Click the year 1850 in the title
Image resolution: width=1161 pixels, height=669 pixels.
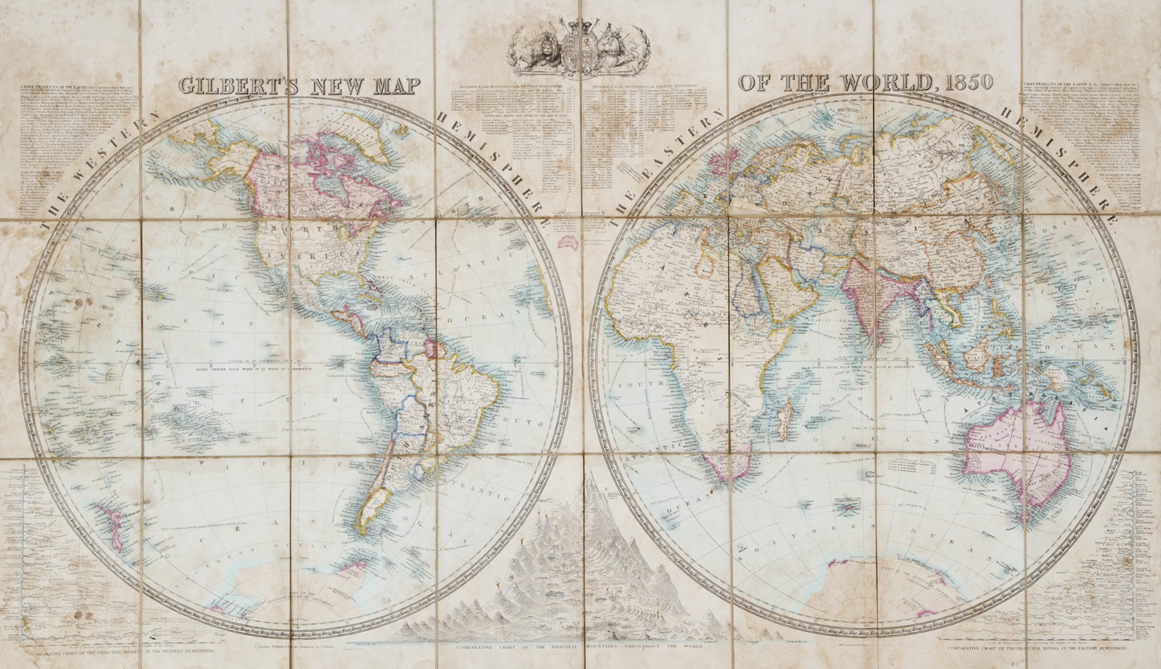click(x=966, y=83)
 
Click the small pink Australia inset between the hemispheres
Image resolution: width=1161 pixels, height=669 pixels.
click(x=571, y=243)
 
